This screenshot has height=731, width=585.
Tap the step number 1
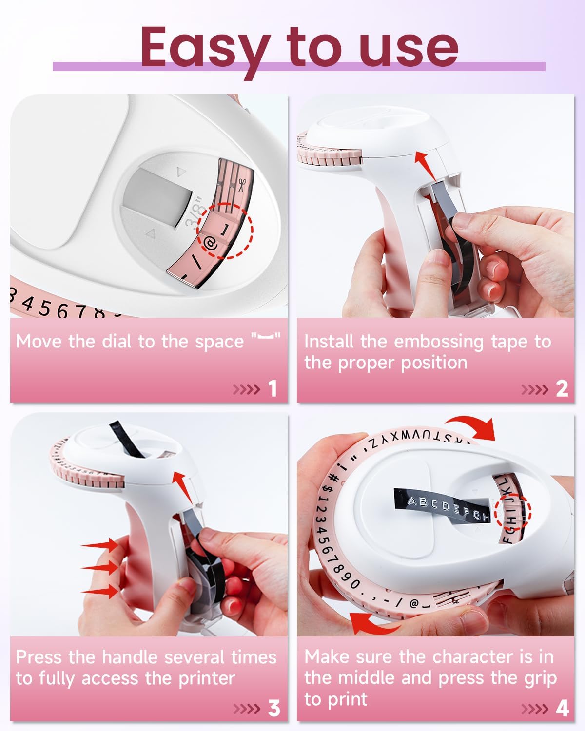[x=273, y=389]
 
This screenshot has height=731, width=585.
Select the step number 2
[x=562, y=389]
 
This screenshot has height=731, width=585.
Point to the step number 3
[x=274, y=708]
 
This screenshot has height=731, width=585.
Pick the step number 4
[x=562, y=708]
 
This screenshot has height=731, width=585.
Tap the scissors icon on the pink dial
[x=242, y=184]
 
